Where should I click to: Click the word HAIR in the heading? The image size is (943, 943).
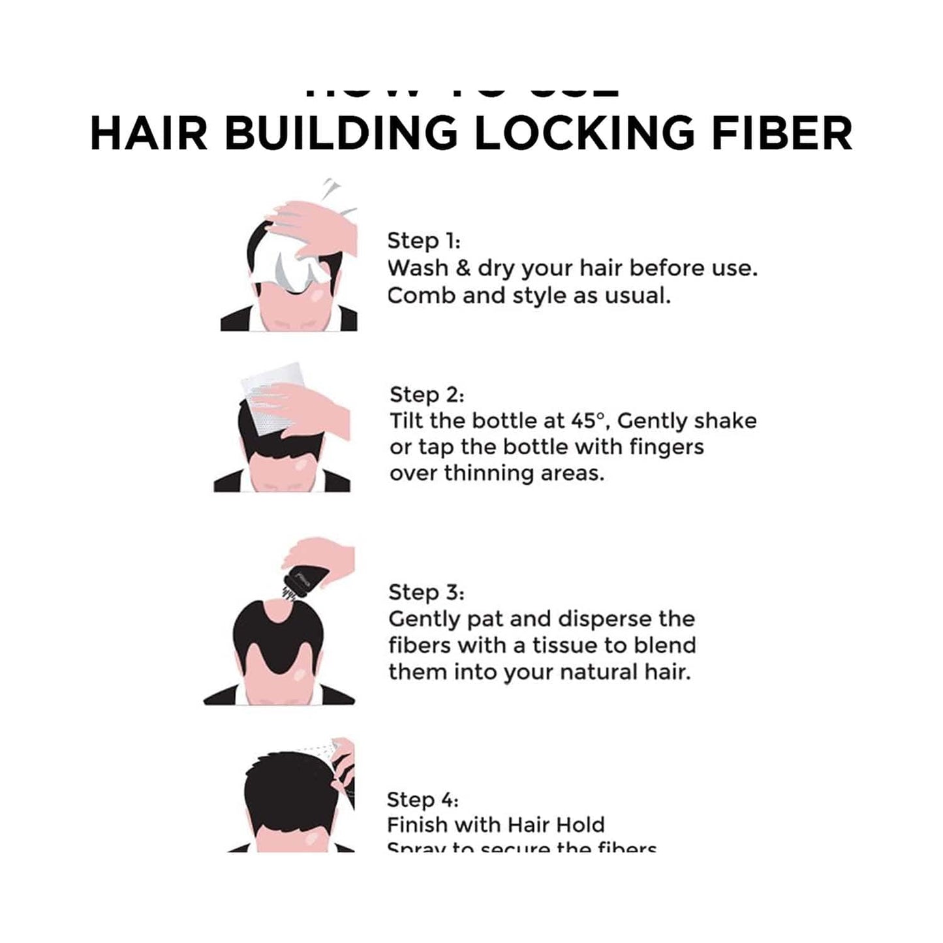pyautogui.click(x=148, y=133)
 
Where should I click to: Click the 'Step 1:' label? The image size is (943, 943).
pyautogui.click(x=424, y=241)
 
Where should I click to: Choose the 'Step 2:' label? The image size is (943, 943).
pyautogui.click(x=427, y=395)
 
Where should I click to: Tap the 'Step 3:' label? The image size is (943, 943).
pyautogui.click(x=425, y=593)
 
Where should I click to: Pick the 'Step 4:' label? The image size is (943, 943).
pyautogui.click(x=423, y=799)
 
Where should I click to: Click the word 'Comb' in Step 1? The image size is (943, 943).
pyautogui.click(x=421, y=296)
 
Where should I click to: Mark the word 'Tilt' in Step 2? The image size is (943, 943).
pyautogui.click(x=407, y=421)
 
